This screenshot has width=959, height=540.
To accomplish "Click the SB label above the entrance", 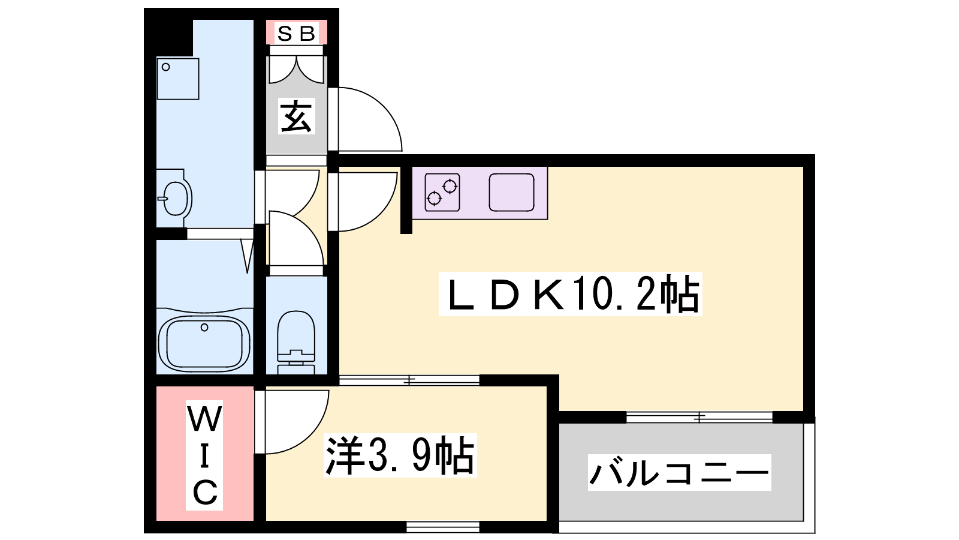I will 296,34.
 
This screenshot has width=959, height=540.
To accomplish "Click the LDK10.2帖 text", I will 570,294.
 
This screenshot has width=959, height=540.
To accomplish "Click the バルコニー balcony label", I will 679,473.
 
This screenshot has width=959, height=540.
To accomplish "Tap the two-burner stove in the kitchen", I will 442,192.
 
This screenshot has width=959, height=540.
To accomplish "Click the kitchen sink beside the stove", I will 511,192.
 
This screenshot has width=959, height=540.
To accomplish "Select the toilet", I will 296,339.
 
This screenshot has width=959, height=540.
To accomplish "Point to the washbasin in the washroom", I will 174,197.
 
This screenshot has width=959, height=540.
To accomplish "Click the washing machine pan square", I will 177,78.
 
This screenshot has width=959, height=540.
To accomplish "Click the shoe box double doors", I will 296,68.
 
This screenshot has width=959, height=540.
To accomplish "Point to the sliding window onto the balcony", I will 699,416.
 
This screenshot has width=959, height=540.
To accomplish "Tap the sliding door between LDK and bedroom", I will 409,380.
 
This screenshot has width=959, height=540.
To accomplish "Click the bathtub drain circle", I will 204,328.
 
